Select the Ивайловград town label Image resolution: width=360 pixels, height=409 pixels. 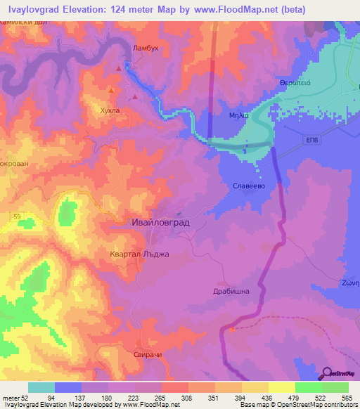161,222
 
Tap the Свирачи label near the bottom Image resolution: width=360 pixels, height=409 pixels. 148,355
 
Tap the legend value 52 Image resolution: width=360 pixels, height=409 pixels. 28,397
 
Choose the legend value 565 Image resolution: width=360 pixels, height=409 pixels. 347,397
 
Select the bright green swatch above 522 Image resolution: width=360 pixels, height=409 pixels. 308,387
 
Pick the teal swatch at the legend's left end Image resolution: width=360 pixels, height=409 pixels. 41,387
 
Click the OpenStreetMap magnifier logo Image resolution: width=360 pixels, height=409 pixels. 327,373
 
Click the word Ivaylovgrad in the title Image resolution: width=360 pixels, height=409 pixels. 32,10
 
